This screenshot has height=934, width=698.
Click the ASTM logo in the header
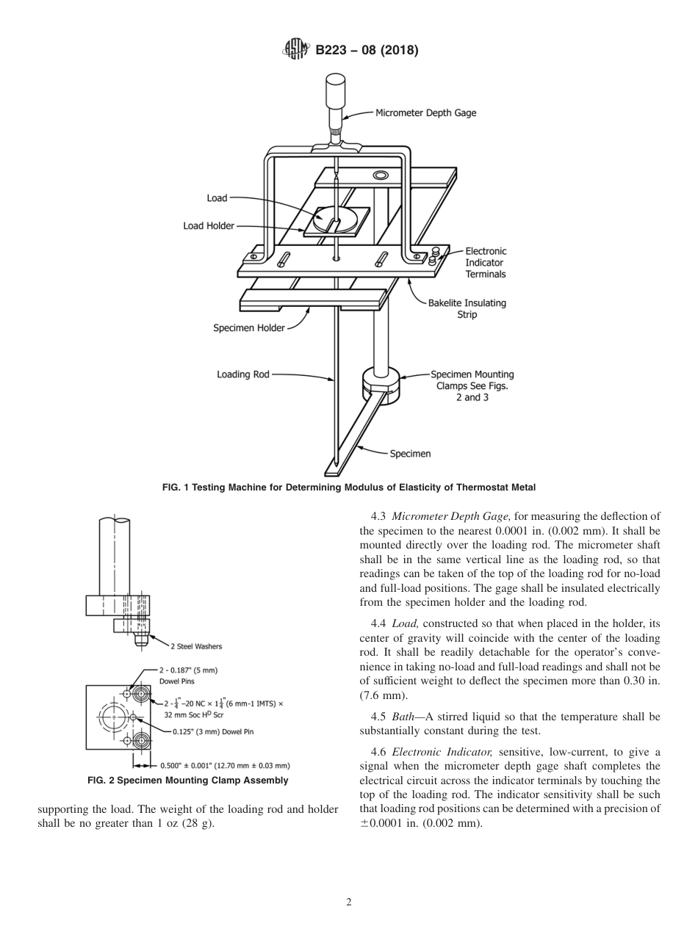[295, 50]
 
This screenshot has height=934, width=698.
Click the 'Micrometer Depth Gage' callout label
[425, 113]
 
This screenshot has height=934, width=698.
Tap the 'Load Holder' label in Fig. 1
[209, 226]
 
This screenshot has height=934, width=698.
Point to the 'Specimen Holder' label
[249, 328]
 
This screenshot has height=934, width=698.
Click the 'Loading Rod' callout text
[243, 374]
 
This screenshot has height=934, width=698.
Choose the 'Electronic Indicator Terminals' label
[485, 262]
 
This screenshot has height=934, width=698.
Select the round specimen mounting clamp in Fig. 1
[381, 384]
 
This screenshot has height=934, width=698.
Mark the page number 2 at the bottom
[349, 902]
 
